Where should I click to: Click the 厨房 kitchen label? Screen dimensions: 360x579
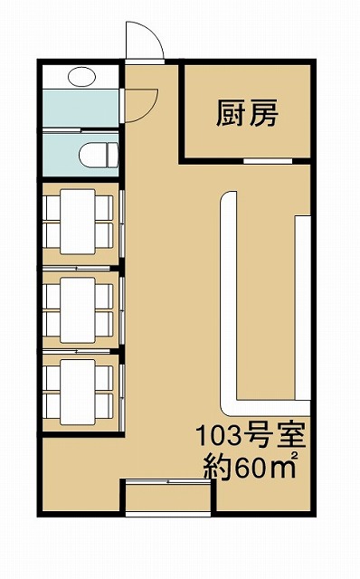tap(247, 113)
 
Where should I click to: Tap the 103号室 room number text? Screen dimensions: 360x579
tap(251, 436)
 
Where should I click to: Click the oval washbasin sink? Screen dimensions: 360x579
tap(81, 77)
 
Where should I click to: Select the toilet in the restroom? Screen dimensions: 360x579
tap(99, 155)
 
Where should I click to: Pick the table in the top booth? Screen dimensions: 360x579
tap(78, 222)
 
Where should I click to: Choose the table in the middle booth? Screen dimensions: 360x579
tap(78, 310)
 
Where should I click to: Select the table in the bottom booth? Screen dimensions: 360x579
tap(78, 392)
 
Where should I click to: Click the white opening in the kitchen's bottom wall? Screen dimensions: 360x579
tap(268, 161)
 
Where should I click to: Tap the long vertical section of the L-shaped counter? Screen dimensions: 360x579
tap(229, 299)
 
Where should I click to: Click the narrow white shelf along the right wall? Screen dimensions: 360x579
tap(302, 308)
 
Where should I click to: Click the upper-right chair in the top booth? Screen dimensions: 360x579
tap(104, 208)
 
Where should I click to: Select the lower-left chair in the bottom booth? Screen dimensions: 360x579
tap(52, 406)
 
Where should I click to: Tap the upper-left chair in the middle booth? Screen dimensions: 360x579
tap(52, 297)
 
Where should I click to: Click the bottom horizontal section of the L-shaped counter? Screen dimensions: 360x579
tap(266, 408)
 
